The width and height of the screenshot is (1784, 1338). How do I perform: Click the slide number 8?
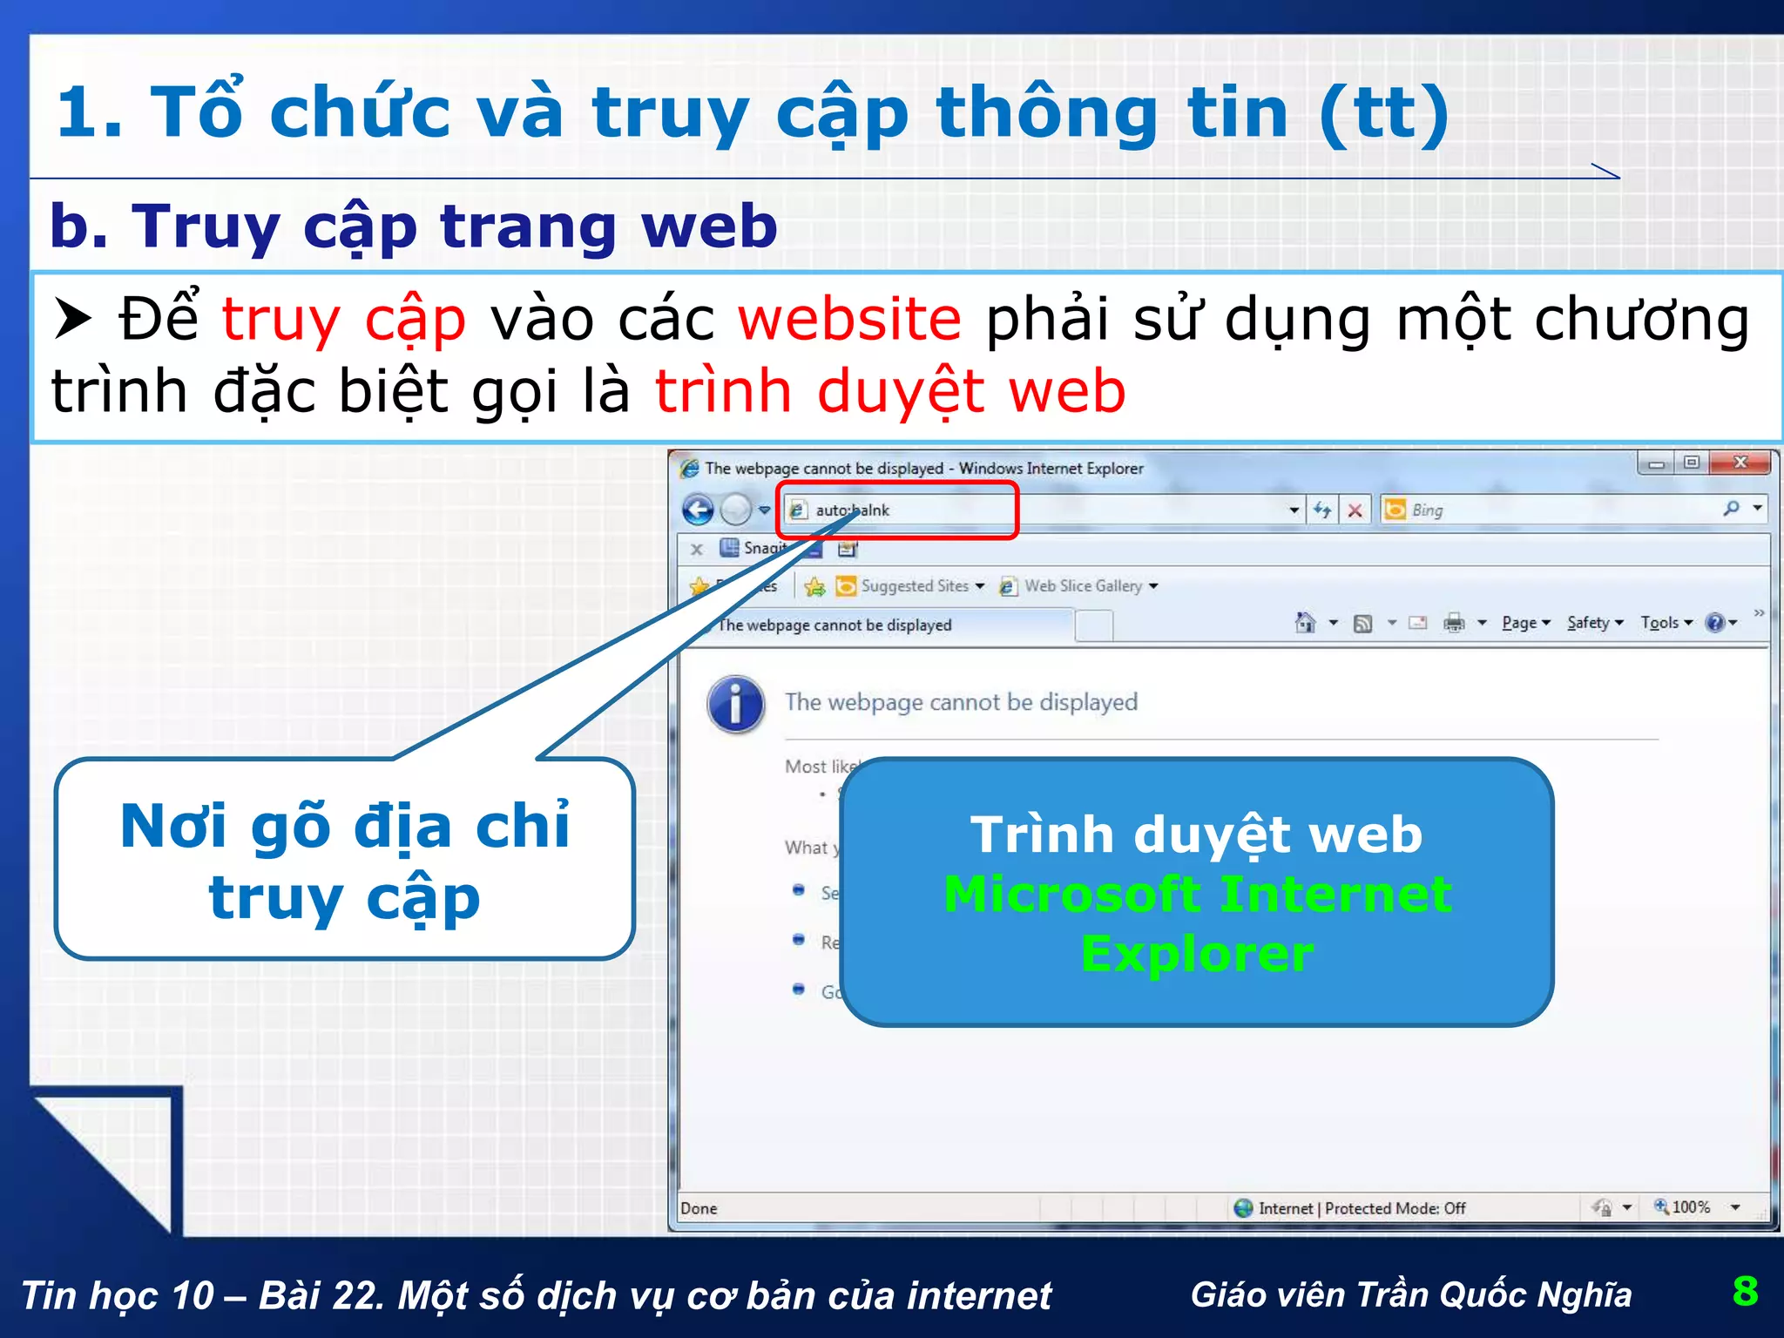1745,1291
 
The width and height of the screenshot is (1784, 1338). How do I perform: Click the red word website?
849,319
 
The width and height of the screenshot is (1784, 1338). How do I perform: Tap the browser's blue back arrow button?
698,510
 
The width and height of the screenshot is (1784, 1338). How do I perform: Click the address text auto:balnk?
852,510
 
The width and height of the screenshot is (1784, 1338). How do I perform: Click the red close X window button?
1740,463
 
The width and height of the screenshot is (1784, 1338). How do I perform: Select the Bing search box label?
1427,510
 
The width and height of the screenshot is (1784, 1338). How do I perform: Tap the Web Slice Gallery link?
1083,586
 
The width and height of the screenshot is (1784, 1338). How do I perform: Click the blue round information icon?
736,704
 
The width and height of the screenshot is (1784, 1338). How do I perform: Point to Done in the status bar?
699,1208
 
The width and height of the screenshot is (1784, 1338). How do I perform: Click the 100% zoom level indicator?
1690,1207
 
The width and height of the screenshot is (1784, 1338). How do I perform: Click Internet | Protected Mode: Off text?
1362,1208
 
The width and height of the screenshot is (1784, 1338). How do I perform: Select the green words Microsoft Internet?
1197,895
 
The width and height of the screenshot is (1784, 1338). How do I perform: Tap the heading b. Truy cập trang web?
413,226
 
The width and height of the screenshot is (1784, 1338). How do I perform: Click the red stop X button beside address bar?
1355,510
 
